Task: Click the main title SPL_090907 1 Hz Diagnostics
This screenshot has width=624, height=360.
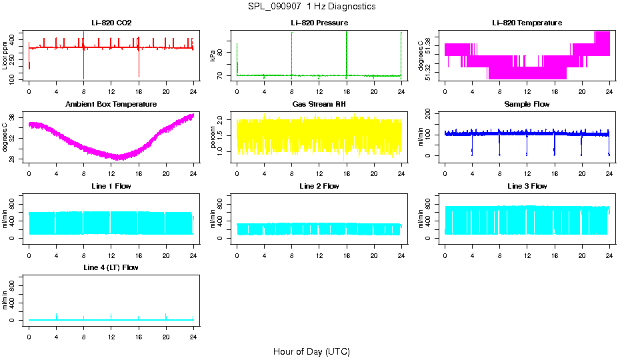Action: (311, 7)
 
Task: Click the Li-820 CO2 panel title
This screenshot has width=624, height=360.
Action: (111, 23)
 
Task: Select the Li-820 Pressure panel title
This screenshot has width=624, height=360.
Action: (319, 23)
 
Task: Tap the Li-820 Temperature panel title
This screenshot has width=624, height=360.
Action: (527, 23)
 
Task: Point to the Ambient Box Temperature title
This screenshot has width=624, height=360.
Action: (111, 104)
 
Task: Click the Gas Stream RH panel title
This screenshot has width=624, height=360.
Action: (319, 104)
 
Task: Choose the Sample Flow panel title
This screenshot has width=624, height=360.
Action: (527, 104)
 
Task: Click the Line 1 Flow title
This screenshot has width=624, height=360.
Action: (111, 186)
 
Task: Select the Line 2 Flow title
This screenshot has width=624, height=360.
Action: (319, 186)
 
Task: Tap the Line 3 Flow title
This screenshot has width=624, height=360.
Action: (527, 186)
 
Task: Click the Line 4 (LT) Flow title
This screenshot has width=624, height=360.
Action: (111, 267)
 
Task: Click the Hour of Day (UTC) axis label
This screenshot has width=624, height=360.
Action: (311, 351)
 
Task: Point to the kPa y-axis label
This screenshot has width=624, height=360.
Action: (213, 56)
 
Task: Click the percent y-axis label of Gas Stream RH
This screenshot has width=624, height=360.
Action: (213, 137)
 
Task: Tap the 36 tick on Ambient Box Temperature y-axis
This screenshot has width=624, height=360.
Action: (14, 117)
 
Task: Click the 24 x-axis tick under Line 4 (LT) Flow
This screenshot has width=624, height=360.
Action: (193, 330)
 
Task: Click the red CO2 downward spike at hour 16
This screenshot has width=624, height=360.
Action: (139, 67)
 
